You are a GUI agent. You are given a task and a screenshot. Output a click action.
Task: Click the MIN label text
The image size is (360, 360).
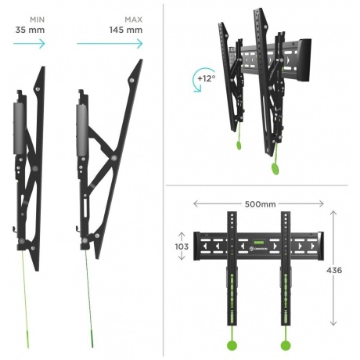37,20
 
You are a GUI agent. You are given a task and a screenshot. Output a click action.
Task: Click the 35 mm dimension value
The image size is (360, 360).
30,30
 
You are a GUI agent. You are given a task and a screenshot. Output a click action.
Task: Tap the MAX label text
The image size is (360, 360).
133,20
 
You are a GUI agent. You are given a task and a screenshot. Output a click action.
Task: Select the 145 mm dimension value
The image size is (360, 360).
126,30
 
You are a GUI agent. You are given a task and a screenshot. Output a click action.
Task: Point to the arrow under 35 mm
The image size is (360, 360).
29,43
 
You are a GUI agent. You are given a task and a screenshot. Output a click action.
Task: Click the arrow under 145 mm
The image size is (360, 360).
110,43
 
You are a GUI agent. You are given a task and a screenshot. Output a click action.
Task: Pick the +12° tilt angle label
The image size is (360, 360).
207,78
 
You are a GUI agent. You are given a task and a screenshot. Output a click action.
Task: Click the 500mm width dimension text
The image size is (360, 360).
260,204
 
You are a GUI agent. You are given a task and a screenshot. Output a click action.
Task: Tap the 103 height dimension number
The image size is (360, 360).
182,247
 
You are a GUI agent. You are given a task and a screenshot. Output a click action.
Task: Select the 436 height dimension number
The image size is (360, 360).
334,270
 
